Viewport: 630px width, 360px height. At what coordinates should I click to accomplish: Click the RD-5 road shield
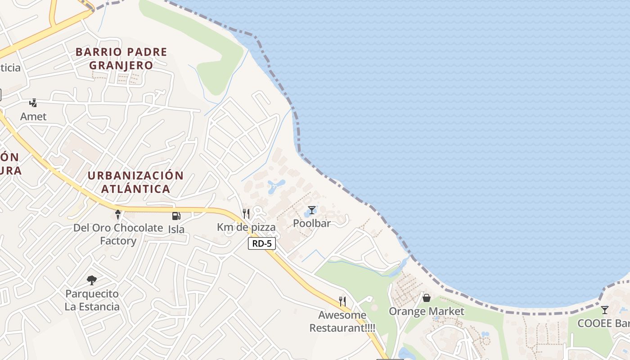tap(262, 243)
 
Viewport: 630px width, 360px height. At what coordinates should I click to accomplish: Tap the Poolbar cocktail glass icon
tap(311, 210)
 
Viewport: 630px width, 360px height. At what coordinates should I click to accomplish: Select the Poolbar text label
tap(312, 223)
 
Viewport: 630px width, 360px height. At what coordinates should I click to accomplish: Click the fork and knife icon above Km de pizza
tap(246, 214)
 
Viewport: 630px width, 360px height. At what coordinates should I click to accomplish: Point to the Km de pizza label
tap(246, 227)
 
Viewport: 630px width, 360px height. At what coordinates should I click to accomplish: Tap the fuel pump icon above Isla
tap(176, 216)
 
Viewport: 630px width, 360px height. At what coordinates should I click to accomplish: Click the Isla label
tap(176, 229)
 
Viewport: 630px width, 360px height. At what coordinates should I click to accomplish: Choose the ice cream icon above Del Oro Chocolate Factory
tap(118, 215)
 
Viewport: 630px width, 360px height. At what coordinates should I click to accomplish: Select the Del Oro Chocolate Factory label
tap(118, 234)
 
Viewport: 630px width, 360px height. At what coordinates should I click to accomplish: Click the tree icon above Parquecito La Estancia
tap(92, 280)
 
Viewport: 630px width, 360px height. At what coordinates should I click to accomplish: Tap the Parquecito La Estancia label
tap(92, 300)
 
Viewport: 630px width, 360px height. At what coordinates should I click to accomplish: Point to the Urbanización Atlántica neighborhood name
tap(135, 182)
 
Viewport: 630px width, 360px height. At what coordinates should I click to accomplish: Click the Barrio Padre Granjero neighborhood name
tap(121, 58)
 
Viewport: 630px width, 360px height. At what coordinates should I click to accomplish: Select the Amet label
tap(33, 117)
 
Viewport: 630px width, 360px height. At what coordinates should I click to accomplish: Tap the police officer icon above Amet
tap(33, 103)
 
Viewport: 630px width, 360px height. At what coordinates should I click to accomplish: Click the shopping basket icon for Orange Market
tap(427, 298)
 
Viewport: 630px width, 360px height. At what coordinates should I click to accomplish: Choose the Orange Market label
tap(427, 311)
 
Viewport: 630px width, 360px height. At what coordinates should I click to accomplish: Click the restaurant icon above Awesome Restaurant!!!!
tap(342, 301)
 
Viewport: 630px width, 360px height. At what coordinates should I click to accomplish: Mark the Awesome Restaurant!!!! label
tap(342, 321)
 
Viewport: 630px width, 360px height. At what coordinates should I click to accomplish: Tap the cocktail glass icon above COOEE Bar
tap(604, 310)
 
